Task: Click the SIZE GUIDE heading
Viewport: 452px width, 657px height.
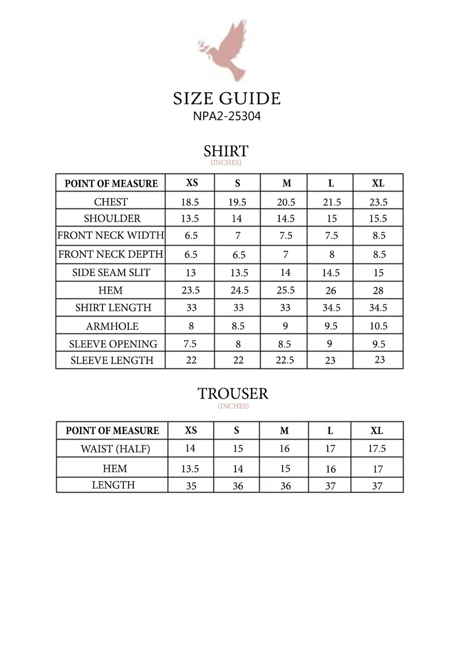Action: coord(227,99)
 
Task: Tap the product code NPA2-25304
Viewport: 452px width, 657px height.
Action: coord(227,116)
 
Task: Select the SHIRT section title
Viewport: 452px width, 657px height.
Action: coord(226,151)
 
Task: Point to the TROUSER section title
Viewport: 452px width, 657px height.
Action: coord(233,394)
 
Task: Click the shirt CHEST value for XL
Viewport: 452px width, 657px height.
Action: coord(378,202)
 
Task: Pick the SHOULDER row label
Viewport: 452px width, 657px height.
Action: coord(112,219)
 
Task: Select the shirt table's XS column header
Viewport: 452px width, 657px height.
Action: coord(192,183)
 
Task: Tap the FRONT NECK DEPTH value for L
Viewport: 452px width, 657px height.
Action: coord(332,254)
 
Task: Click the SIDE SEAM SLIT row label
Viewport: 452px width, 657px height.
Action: coord(111,272)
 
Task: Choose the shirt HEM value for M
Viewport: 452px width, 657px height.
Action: coord(286,290)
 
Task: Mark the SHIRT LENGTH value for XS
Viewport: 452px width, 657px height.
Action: coord(192,308)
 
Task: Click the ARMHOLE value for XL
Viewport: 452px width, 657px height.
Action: coord(378,326)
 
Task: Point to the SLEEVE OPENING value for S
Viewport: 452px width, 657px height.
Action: coord(238,344)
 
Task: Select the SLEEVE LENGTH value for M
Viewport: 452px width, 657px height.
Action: coord(285,360)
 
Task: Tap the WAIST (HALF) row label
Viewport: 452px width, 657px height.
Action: coord(115,449)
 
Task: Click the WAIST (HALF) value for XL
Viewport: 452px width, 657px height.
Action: coord(377,448)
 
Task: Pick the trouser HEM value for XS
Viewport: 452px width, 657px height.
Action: coord(190,469)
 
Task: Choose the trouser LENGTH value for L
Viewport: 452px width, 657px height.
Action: coord(330,486)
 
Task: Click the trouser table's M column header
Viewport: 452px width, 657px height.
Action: coord(284,431)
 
